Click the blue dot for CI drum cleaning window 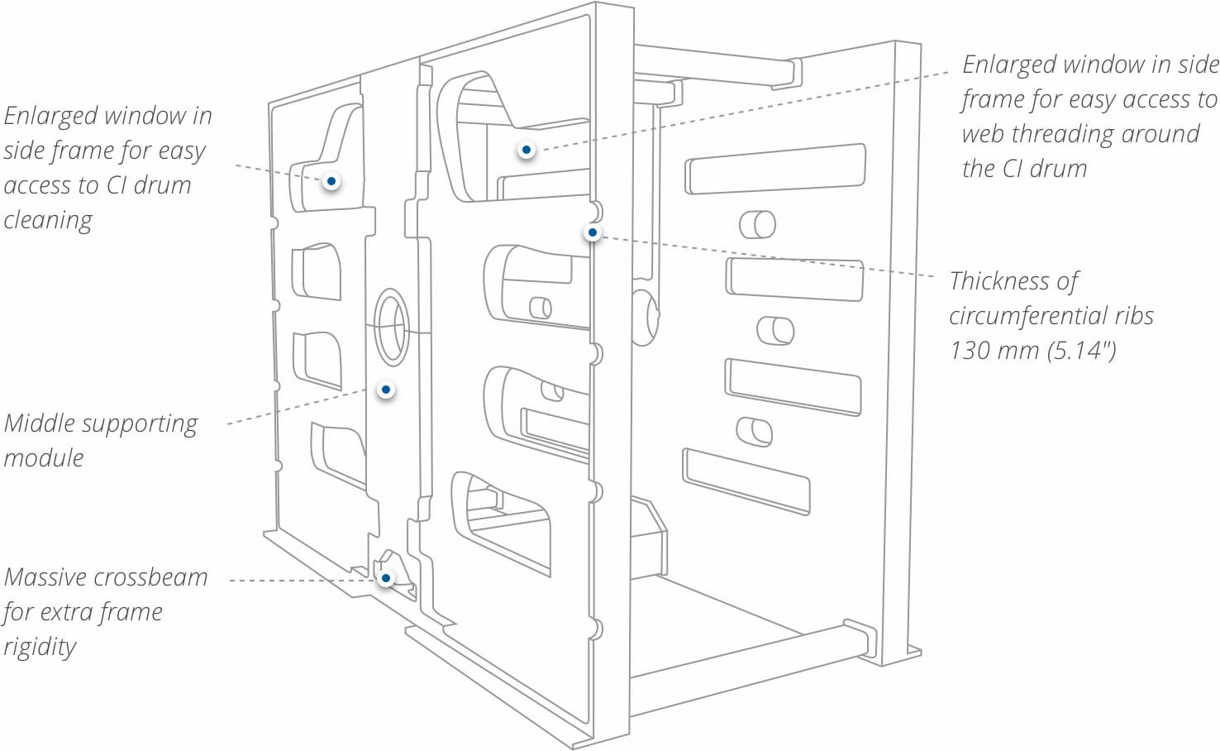pyautogui.click(x=331, y=180)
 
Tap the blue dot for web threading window pyautogui.click(x=526, y=150)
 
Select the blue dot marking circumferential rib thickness pyautogui.click(x=592, y=233)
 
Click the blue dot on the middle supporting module pyautogui.click(x=385, y=390)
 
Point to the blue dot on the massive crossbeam pyautogui.click(x=385, y=577)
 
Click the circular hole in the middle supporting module pyautogui.click(x=392, y=328)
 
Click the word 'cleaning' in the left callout pyautogui.click(x=48, y=220)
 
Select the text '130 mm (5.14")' pyautogui.click(x=1032, y=351)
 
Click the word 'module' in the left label pyautogui.click(x=44, y=457)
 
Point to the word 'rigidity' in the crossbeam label pyautogui.click(x=39, y=647)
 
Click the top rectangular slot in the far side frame pyautogui.click(x=775, y=169)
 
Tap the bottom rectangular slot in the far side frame pyautogui.click(x=746, y=481)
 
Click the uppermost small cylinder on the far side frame pyautogui.click(x=757, y=224)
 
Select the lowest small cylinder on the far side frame pyautogui.click(x=755, y=432)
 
